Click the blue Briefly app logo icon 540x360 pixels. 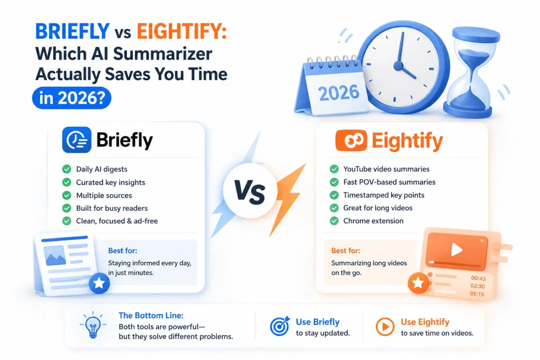coord(76,140)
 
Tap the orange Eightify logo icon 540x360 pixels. coord(351,140)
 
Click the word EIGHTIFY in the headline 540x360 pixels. coord(182,31)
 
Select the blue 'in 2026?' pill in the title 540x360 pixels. coord(72,98)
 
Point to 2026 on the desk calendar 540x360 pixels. coord(338,93)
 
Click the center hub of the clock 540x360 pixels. coord(398,66)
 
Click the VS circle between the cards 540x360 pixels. coord(250,190)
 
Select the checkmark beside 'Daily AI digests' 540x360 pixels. coord(67,169)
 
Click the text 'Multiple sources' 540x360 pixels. coord(104,195)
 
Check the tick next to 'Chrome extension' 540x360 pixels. coord(334,220)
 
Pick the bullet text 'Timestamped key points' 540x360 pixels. coord(384,195)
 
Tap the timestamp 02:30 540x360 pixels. coord(477,286)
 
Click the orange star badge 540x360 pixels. coord(418,283)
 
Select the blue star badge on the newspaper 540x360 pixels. coord(99,283)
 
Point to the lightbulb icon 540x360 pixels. coord(93,325)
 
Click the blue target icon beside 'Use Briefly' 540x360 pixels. coord(279,326)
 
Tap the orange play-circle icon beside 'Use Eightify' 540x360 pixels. coord(385,327)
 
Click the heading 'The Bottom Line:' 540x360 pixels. coord(151,315)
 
